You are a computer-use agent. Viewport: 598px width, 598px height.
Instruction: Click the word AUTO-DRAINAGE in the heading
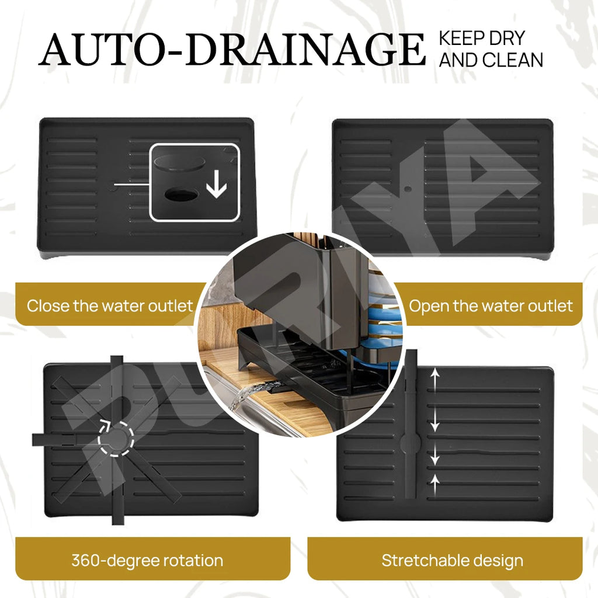tap(232, 49)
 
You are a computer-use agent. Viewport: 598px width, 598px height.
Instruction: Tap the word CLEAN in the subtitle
tap(513, 60)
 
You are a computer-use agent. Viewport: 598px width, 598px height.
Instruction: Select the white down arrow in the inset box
tap(217, 184)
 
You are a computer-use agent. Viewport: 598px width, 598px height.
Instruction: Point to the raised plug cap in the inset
tap(179, 163)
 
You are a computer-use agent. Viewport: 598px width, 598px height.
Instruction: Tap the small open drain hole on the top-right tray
tap(408, 189)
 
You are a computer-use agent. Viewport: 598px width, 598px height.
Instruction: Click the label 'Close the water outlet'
tap(110, 306)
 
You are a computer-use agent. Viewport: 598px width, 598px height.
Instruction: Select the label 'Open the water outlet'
tap(491, 306)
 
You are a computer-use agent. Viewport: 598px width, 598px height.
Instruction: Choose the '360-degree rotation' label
tap(147, 560)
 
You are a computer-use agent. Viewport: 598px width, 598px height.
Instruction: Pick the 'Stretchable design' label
tap(453, 560)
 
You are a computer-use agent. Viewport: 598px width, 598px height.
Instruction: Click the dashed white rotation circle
tap(116, 439)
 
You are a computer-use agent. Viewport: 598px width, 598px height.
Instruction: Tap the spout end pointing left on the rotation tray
tap(38, 440)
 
